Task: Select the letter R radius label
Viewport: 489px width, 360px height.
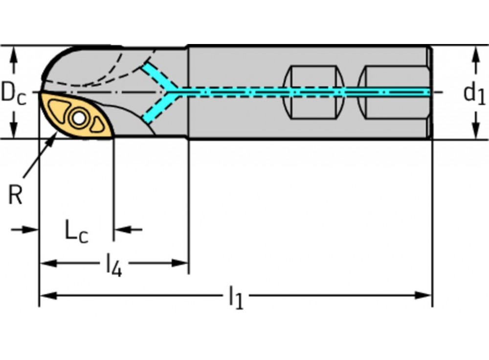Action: [x=16, y=196]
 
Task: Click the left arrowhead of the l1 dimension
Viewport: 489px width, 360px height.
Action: [x=46, y=295]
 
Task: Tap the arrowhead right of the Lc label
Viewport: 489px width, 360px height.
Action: [x=121, y=229]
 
